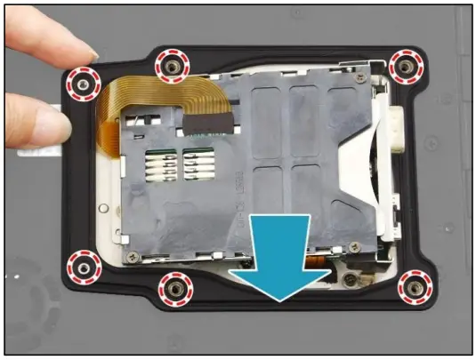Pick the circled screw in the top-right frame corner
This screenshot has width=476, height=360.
click(405, 66)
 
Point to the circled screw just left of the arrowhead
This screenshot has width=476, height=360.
click(174, 288)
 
